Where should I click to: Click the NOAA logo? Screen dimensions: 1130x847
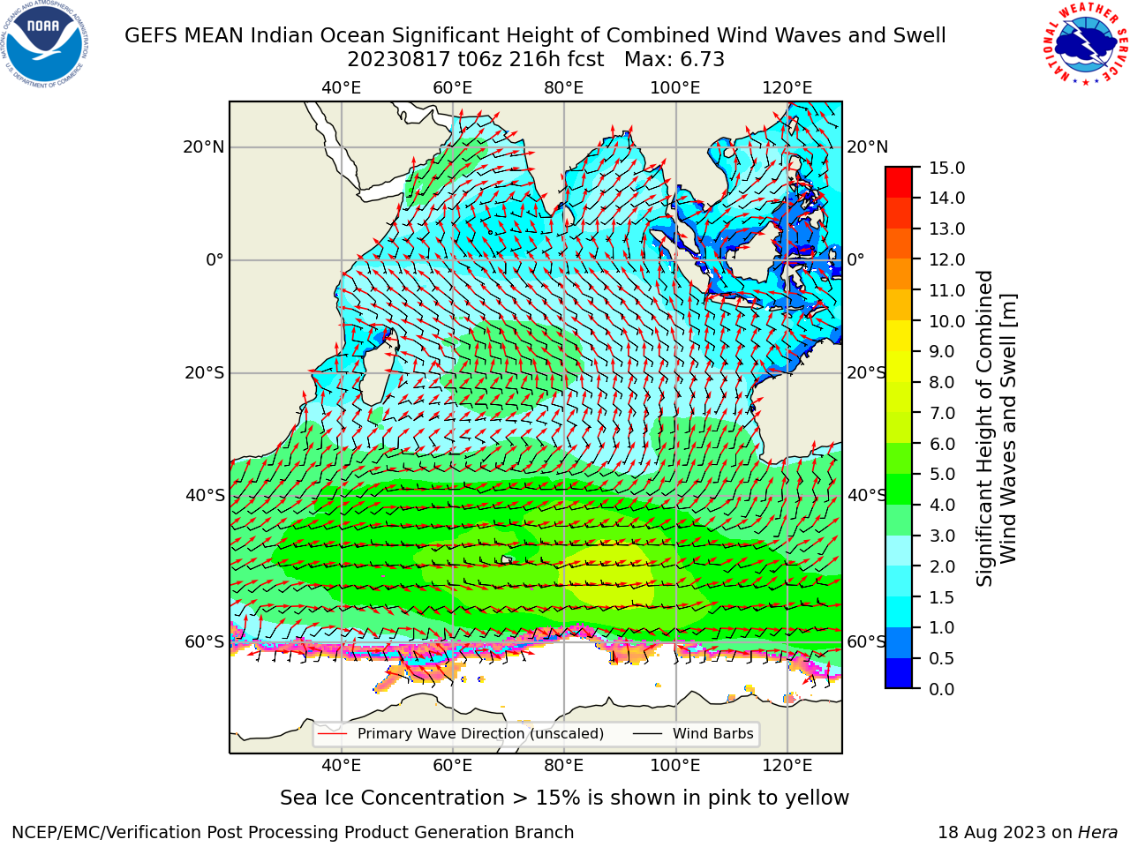click(x=45, y=45)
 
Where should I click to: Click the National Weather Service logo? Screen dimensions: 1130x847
click(x=1085, y=44)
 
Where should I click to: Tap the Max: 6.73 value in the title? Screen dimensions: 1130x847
click(x=674, y=60)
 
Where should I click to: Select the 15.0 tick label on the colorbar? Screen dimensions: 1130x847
click(x=946, y=168)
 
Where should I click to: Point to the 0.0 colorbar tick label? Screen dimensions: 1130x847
click(x=942, y=689)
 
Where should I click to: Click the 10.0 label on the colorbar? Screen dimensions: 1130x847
click(x=946, y=321)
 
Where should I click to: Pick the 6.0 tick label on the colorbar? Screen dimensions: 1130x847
click(x=942, y=444)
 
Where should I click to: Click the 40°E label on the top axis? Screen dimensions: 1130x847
click(x=341, y=88)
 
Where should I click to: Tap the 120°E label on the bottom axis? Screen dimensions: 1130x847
click(x=787, y=766)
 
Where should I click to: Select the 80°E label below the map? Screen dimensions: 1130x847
click(x=564, y=766)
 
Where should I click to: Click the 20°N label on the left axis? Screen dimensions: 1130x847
click(x=203, y=147)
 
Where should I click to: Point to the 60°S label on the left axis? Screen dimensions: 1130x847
click(x=205, y=642)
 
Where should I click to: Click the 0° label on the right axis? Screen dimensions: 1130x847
click(x=855, y=259)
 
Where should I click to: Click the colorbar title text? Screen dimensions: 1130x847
click(x=996, y=428)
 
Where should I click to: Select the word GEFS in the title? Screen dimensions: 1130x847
click(x=152, y=36)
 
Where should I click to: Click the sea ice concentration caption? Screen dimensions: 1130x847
click(x=564, y=798)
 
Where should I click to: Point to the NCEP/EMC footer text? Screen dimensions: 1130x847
click(x=292, y=833)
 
